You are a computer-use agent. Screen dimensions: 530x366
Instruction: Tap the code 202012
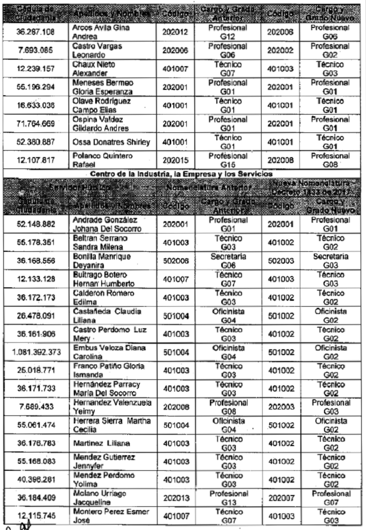tap(175, 31)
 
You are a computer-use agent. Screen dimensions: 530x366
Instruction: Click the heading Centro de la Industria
tap(183, 174)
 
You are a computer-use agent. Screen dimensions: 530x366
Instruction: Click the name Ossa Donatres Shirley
tap(111, 142)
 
